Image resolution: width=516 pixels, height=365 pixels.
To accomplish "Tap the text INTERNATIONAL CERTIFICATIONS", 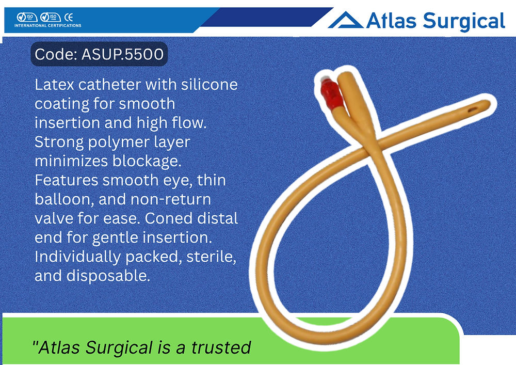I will coord(47,25).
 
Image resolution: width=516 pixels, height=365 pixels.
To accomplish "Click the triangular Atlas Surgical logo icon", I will coord(345,21).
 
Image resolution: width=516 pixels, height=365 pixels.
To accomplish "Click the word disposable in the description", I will coord(108,275).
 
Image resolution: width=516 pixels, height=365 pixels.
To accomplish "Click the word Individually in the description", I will coord(80,256).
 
